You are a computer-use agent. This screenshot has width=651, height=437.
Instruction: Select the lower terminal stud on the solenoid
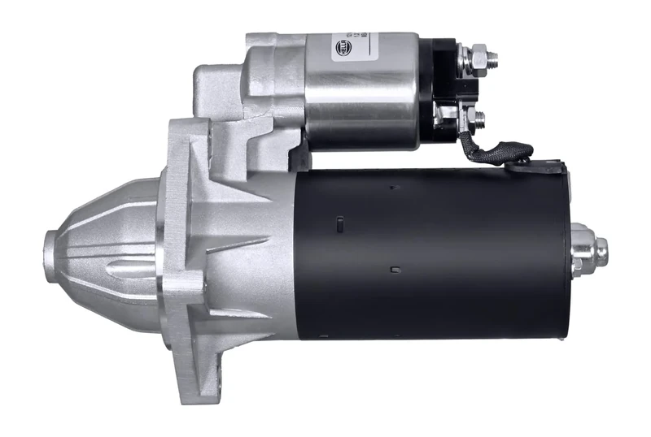[478, 118]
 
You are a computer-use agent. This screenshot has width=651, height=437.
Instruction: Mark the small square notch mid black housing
[395, 269]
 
